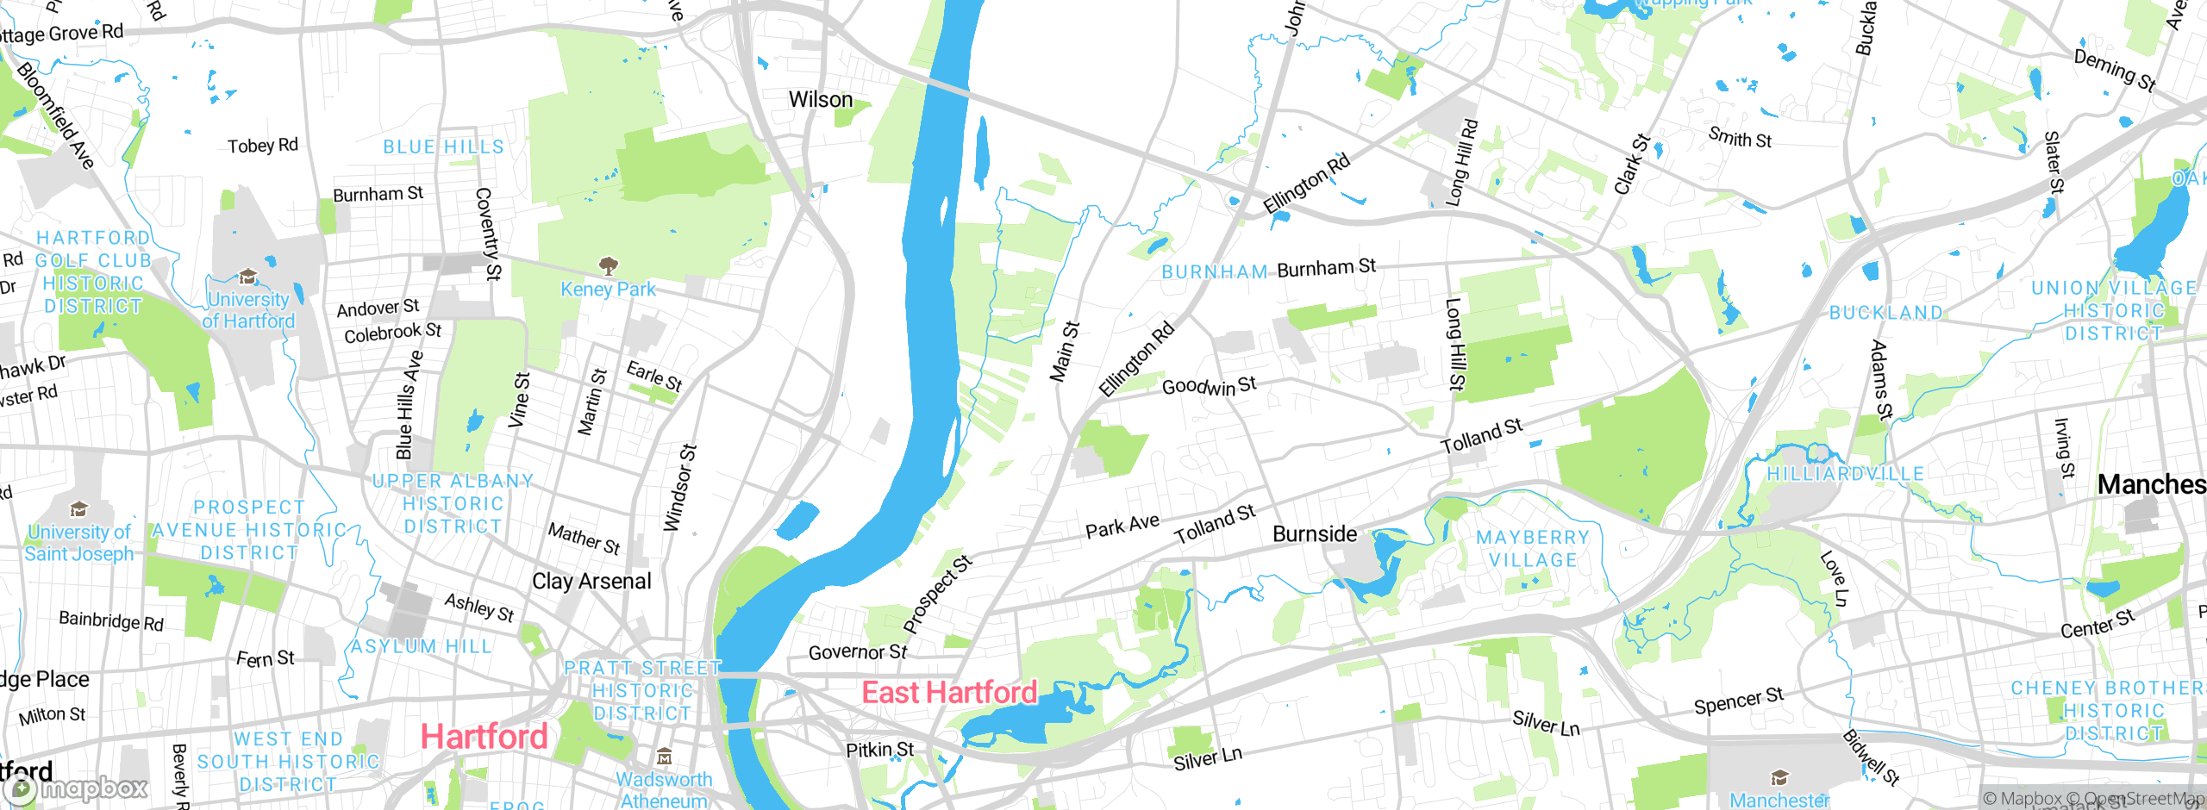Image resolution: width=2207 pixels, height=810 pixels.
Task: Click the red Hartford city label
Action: (x=484, y=737)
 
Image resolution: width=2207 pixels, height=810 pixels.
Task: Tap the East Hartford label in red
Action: (x=949, y=693)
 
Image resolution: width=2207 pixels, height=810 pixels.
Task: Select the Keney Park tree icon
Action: (x=609, y=265)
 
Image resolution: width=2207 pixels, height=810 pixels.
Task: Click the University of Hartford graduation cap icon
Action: (x=248, y=277)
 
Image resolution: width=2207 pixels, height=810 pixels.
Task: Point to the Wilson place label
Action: (x=821, y=100)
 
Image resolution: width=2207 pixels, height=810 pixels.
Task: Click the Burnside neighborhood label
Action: (x=1315, y=534)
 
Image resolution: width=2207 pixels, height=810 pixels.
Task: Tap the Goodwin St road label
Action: (x=1209, y=385)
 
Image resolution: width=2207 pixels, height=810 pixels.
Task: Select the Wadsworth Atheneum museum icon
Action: (x=664, y=757)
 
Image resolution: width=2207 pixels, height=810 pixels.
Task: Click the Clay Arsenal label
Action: (x=591, y=582)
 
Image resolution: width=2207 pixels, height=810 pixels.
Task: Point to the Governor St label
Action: (x=858, y=652)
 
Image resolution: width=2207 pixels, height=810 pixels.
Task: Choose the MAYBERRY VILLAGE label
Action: (x=1533, y=549)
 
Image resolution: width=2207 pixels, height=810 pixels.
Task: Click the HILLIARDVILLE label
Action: (x=1846, y=474)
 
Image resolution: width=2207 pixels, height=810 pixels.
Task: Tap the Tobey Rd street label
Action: (x=263, y=146)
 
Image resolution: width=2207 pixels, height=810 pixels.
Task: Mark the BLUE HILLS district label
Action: (x=443, y=147)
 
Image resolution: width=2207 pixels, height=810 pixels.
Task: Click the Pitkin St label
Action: (x=880, y=750)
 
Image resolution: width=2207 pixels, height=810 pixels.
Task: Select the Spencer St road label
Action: (x=1738, y=701)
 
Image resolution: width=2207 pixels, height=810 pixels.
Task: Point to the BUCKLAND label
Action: (x=1886, y=313)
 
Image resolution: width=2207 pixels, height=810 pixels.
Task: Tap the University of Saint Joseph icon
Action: (x=79, y=509)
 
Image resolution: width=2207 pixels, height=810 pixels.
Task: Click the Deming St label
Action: (x=2114, y=71)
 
